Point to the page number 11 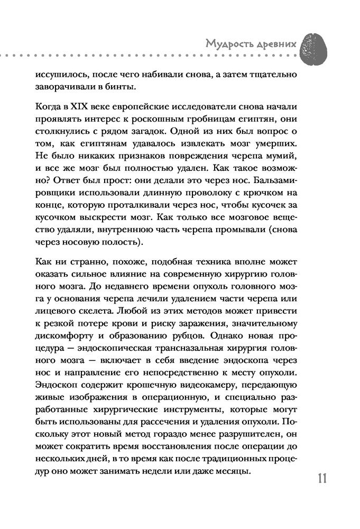(x=323, y=479)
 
